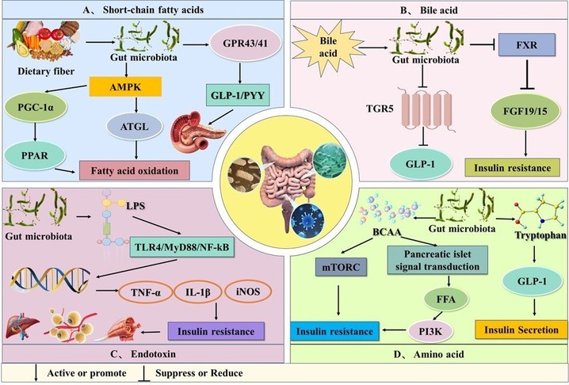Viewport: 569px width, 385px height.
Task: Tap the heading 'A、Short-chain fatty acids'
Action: [132, 10]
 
